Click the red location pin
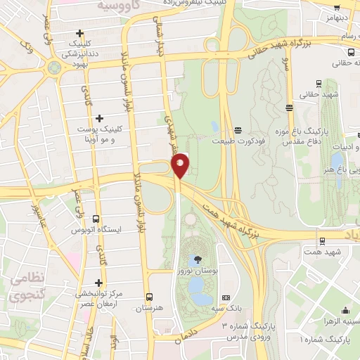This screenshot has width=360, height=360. [181, 165]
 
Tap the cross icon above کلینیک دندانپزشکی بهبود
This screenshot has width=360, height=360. [81, 33]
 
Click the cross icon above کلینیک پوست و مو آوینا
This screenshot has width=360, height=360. [99, 117]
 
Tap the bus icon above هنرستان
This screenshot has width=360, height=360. [148, 297]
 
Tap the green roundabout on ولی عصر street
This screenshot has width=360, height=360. [53, 67]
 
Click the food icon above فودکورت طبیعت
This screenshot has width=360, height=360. [238, 129]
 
